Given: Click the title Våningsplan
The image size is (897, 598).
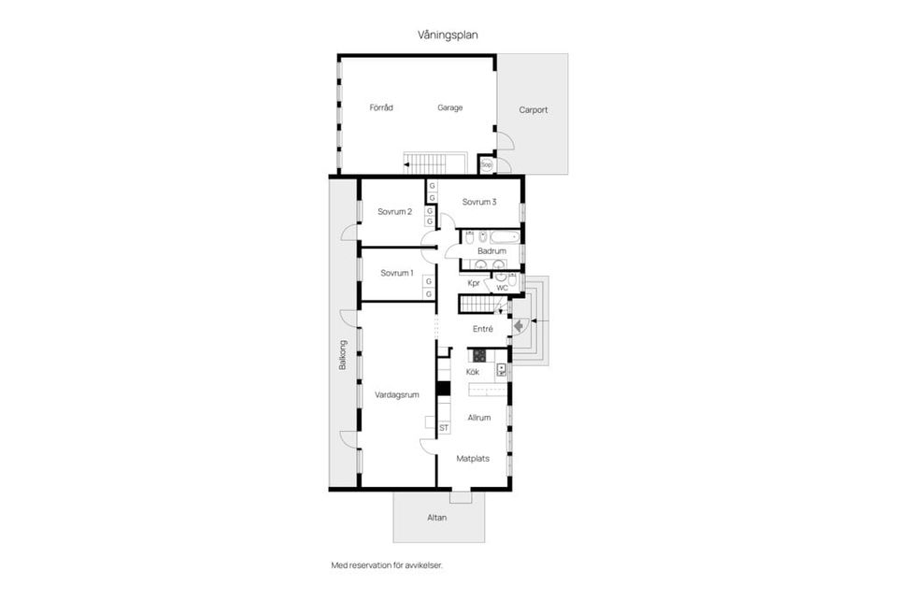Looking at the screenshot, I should tap(448, 35).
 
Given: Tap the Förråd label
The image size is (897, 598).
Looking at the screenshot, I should tap(381, 107).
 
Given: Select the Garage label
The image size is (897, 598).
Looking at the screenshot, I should tap(450, 107).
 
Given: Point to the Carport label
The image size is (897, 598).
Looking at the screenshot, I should tap(534, 109).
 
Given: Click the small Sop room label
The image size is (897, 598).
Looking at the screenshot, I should tap(486, 165).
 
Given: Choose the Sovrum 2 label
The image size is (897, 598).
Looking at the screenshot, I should tap(395, 212).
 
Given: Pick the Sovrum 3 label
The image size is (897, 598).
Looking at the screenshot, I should tap(479, 202).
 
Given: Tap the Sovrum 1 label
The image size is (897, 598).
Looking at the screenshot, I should tap(396, 273).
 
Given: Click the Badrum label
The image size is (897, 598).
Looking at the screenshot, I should tap(491, 251).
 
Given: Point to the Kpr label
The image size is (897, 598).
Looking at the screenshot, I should tap(474, 283).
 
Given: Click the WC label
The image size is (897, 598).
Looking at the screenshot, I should tap(502, 288).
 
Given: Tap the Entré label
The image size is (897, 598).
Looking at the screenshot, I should tap(483, 329).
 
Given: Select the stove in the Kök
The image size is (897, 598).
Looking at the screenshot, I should tap(479, 355).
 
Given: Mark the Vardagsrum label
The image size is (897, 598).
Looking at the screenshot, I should tap(397, 395).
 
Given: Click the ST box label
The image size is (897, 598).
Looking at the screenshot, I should tap(444, 428).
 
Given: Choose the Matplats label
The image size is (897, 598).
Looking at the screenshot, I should tap(473, 459).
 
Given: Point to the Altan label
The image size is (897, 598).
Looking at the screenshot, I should tap(438, 516).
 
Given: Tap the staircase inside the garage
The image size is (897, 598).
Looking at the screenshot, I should tap(434, 163).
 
